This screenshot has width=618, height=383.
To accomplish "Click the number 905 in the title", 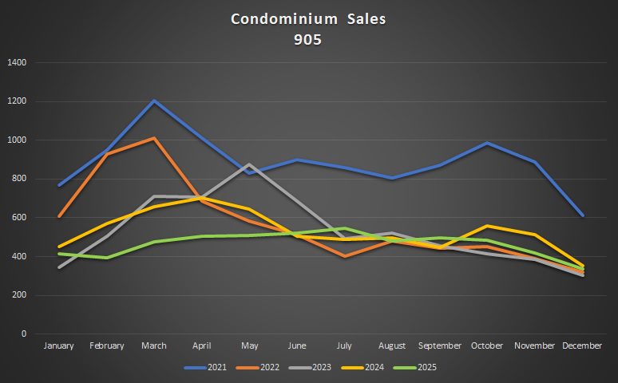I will pos(308,38).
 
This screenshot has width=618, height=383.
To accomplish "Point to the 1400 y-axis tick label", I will pos(16,62).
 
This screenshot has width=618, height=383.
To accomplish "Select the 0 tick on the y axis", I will pos(24,334).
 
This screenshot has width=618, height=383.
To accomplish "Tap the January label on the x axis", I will pos(58,345).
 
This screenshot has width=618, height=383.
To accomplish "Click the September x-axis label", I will pos(440,345).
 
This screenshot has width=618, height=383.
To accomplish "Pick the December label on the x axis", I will pos(582,345).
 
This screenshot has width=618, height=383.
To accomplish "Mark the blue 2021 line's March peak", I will pos(153,101).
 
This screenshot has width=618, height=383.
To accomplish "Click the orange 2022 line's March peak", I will pos(153,139).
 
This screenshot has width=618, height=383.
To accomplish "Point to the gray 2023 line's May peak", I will pos(249,164).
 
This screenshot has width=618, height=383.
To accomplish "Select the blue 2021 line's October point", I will pos(487,144).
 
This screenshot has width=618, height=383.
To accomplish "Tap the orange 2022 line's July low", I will pos(344,256).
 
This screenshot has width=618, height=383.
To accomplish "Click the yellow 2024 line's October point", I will pos(487,226).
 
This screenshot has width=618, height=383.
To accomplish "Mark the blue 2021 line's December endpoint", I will pos(582,215).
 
